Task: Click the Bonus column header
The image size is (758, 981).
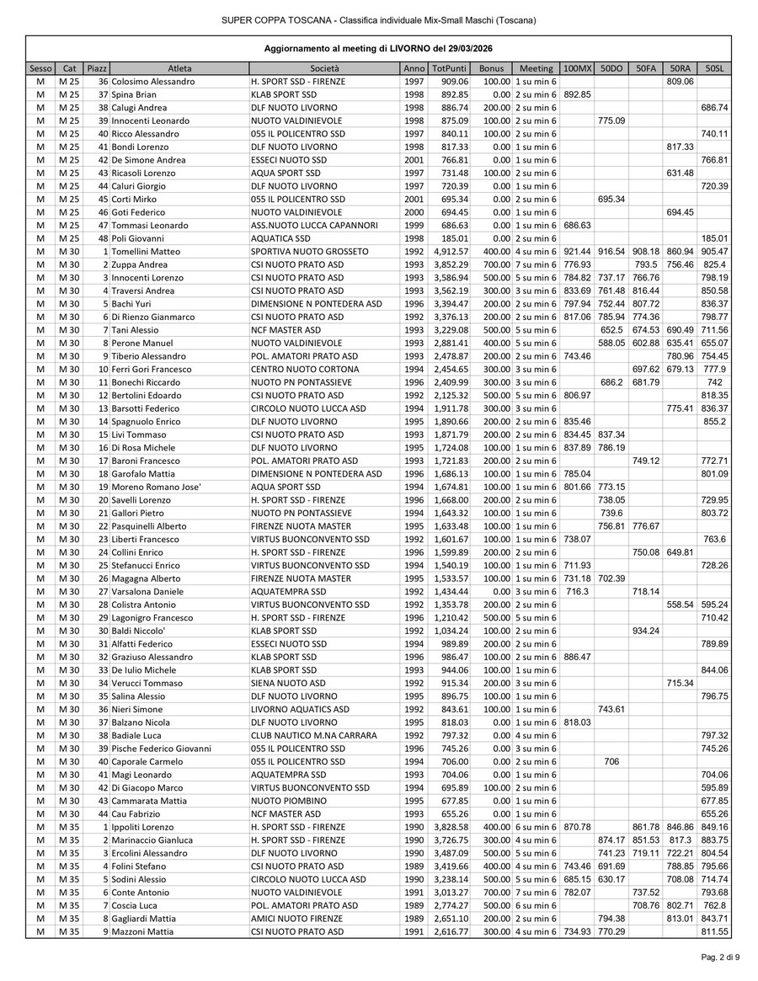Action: pos(491,68)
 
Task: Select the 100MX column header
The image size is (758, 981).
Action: pos(577,68)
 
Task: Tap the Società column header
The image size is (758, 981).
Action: pos(324,68)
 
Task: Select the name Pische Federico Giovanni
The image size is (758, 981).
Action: pos(161,749)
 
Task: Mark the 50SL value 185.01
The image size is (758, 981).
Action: pos(714,238)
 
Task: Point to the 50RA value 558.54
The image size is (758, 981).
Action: pos(680,605)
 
